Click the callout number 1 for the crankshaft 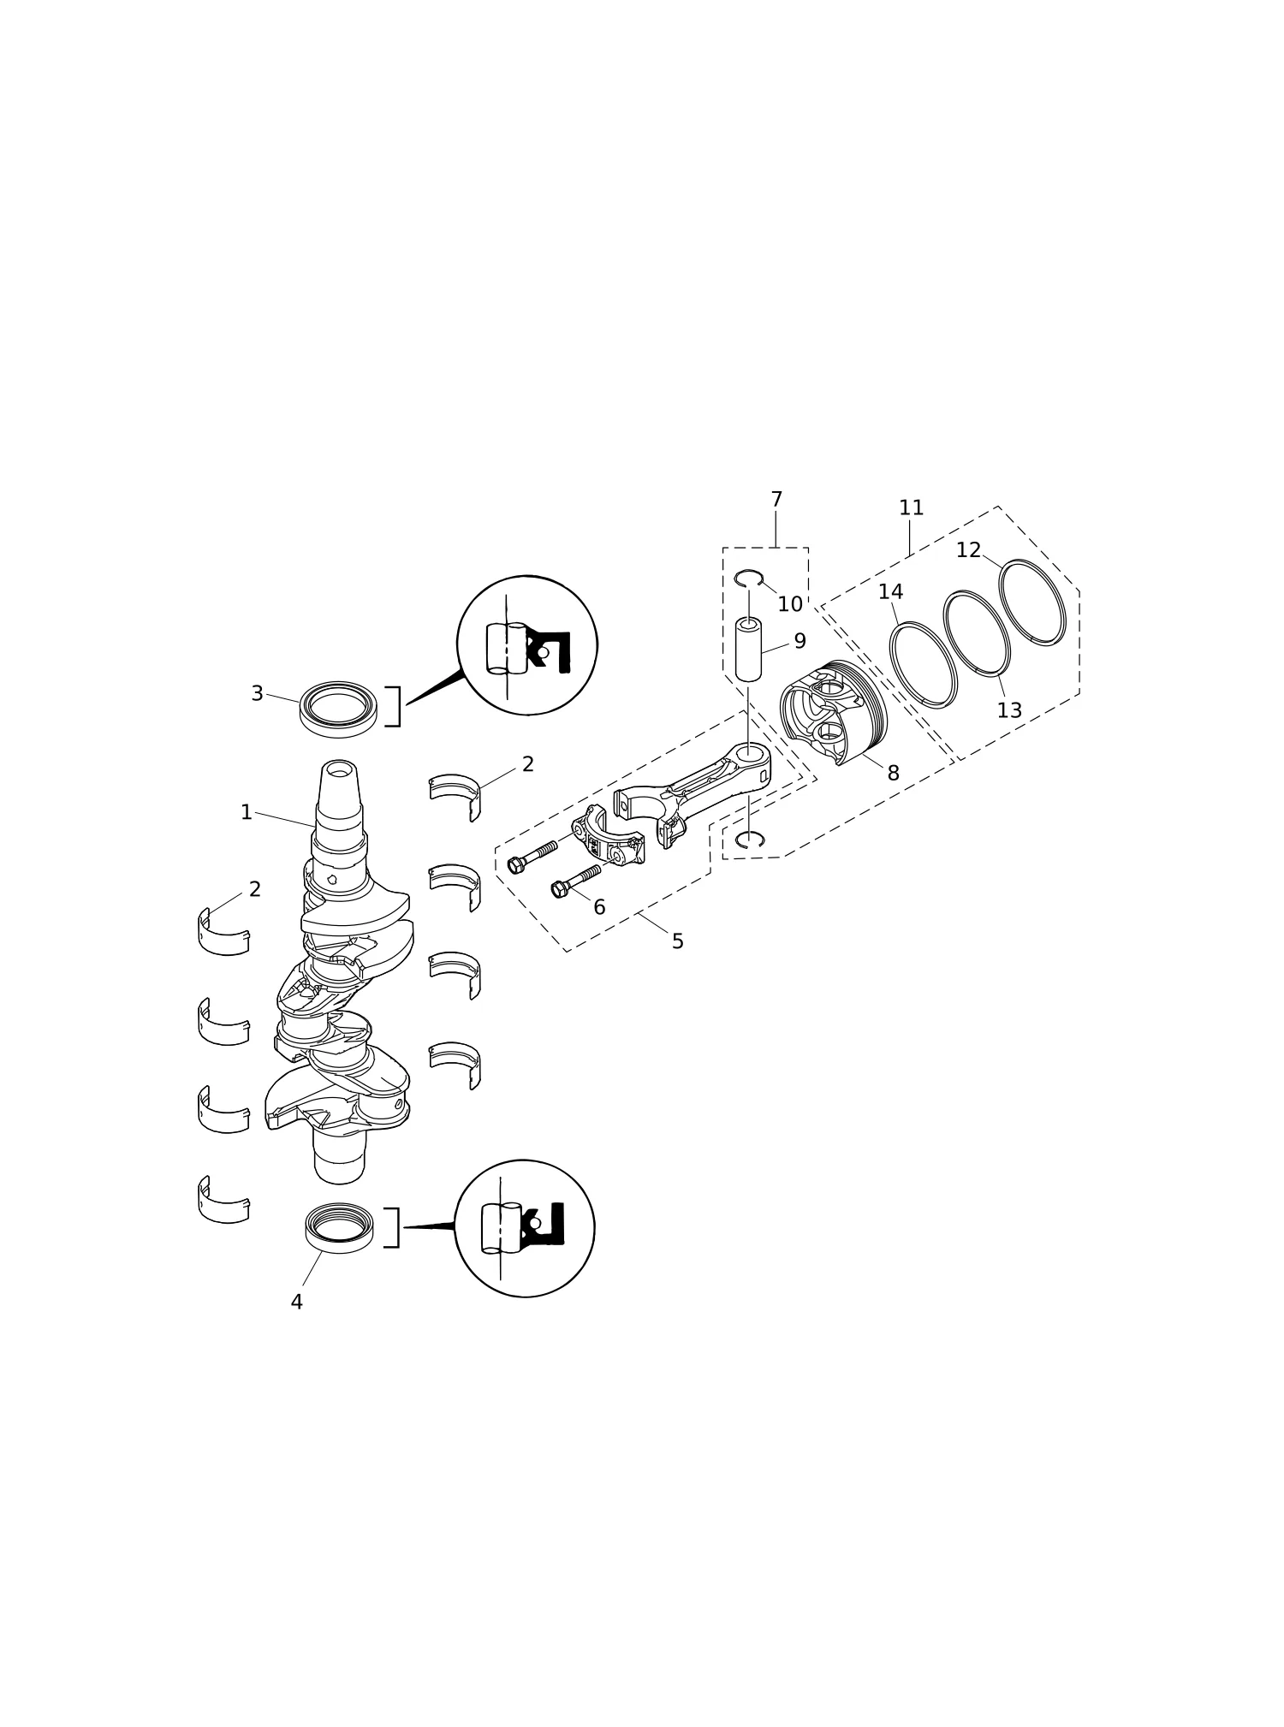coord(247,812)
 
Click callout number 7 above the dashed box coord(776,499)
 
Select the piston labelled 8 coord(834,712)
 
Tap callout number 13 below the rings coord(1009,710)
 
